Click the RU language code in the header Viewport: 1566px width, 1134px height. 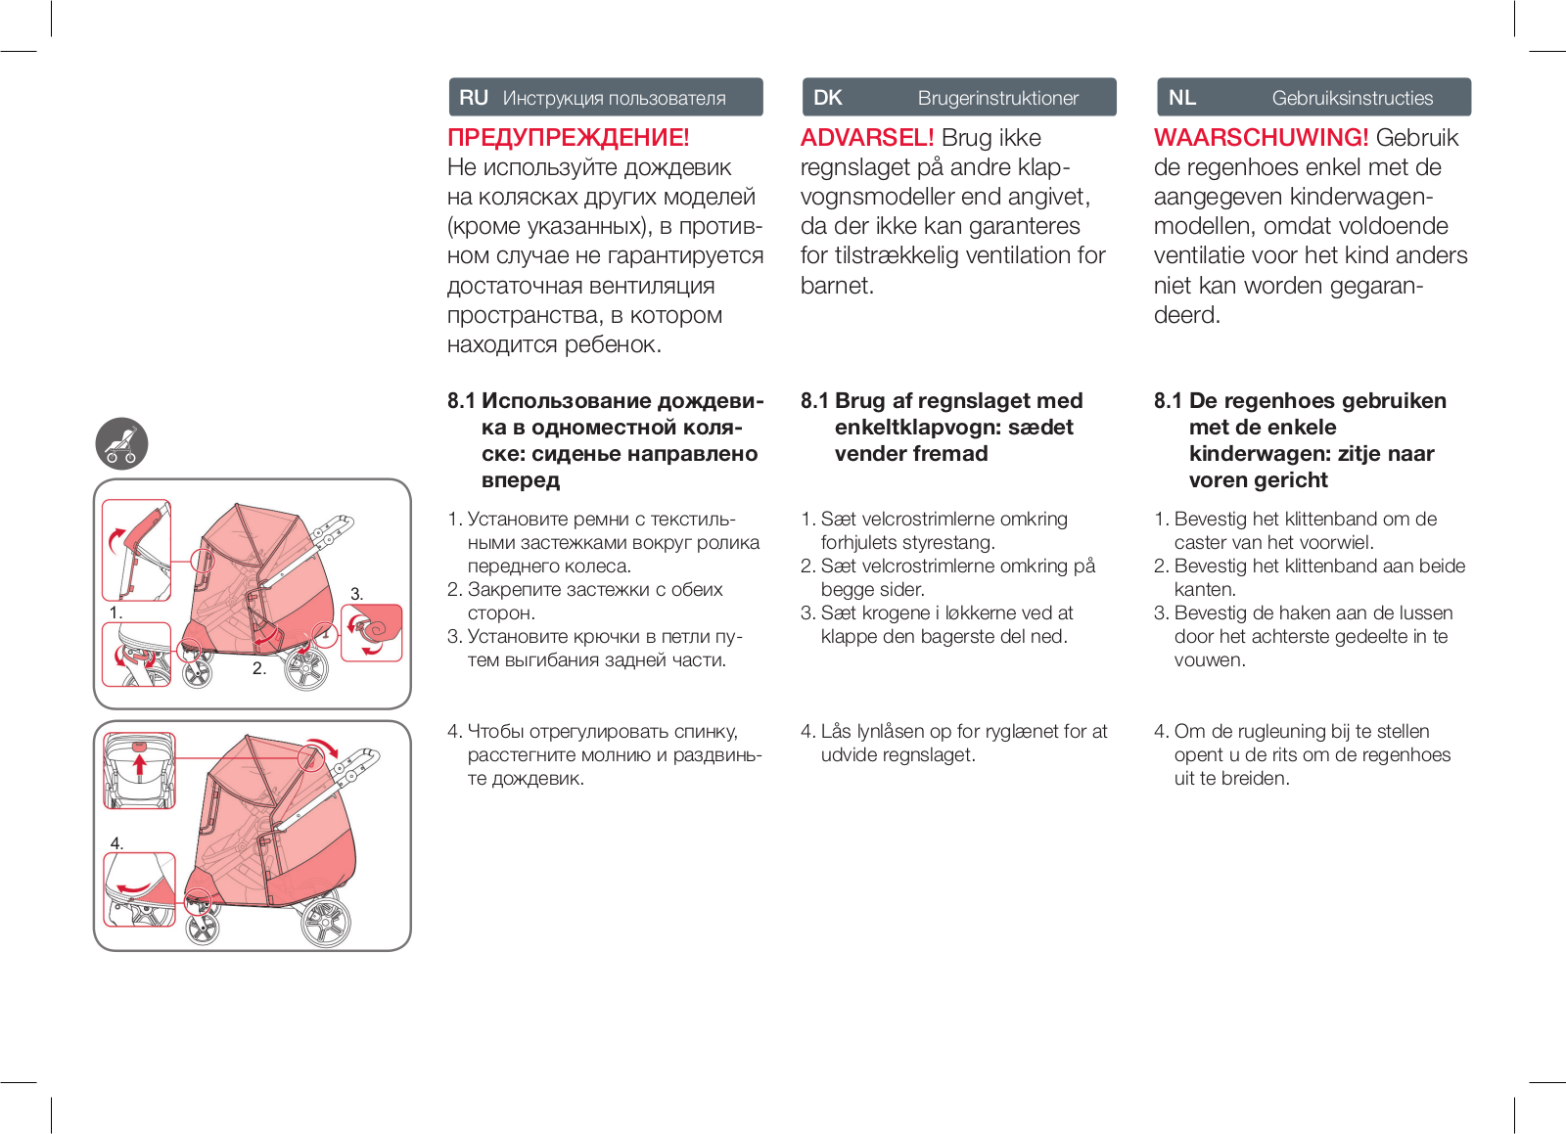[x=474, y=98]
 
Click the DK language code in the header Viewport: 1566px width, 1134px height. [x=828, y=98]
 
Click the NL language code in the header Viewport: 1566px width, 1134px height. [x=1182, y=98]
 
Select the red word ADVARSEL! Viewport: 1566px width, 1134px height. [x=867, y=138]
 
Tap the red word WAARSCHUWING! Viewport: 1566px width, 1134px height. [x=1261, y=138]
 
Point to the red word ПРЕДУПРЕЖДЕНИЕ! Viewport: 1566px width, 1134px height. [x=569, y=138]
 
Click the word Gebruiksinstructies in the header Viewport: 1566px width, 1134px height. [x=1352, y=98]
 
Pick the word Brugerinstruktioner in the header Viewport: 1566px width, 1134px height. [x=997, y=98]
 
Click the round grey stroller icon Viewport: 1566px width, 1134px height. [x=121, y=444]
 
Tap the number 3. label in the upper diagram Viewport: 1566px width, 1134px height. [x=357, y=594]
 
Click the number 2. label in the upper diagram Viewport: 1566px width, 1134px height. [x=259, y=668]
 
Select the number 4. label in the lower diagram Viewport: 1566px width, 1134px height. [x=116, y=843]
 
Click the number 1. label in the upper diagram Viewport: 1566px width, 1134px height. [x=115, y=612]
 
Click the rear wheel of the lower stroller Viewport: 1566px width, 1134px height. [x=325, y=922]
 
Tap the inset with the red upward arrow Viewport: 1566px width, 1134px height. [x=140, y=770]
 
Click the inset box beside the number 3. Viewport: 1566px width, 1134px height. [x=372, y=632]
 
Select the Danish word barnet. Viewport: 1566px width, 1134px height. [x=837, y=286]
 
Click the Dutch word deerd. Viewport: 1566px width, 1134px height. [x=1186, y=315]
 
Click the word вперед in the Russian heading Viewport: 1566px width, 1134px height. [x=521, y=480]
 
